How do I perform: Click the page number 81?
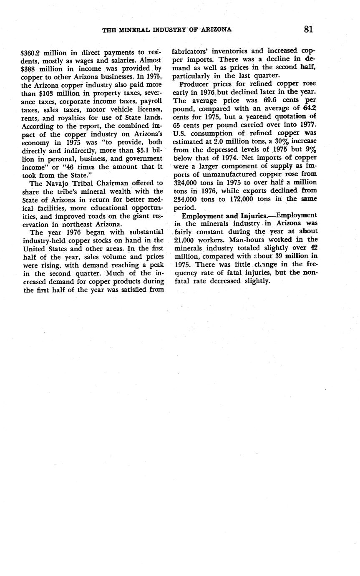tap(308, 29)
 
